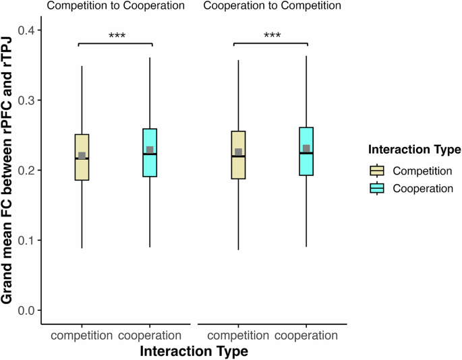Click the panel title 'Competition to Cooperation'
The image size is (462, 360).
click(116, 7)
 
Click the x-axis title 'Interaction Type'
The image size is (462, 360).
click(194, 351)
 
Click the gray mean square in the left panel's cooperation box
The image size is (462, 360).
click(150, 150)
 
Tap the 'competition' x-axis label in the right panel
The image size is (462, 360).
click(238, 335)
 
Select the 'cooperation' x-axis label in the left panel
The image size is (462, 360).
click(150, 335)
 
